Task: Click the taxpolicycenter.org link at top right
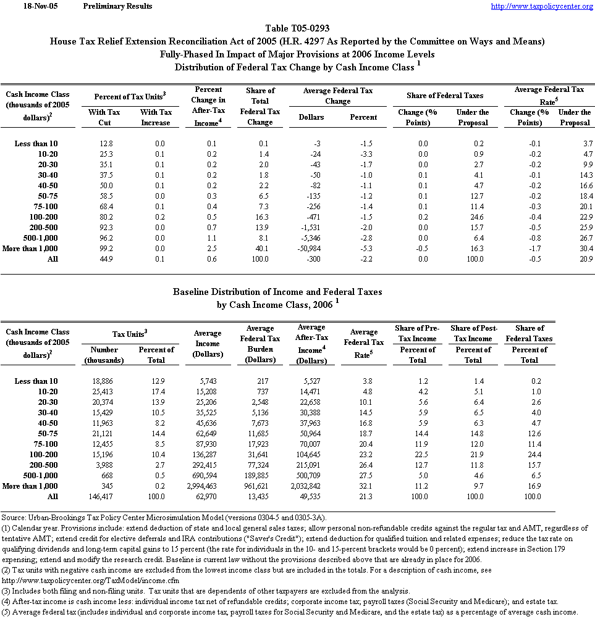coord(541,6)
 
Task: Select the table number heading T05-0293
coord(297,28)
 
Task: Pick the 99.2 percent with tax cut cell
coord(104,249)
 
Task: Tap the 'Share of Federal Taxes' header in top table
coord(445,95)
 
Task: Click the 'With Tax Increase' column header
coord(156,117)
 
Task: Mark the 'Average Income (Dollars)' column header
coord(207,344)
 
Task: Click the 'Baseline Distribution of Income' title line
coord(277,292)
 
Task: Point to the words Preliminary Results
coord(117,6)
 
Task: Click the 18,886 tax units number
coord(104,381)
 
